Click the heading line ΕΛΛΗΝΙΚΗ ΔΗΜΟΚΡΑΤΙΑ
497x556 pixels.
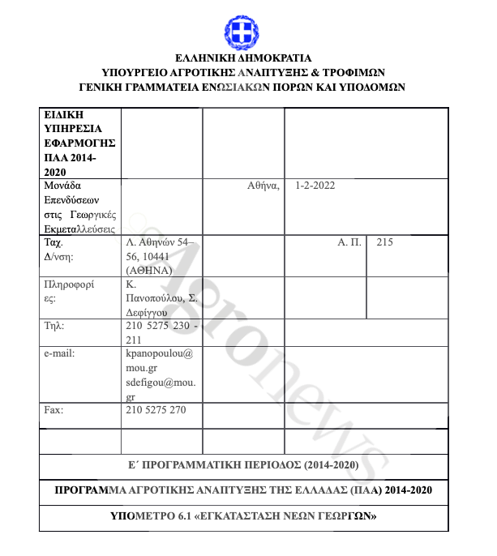click(x=242, y=58)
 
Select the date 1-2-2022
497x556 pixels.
click(x=315, y=186)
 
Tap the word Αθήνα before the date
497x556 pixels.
click(x=263, y=186)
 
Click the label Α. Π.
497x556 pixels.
click(x=349, y=242)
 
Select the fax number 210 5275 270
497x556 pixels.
click(x=156, y=410)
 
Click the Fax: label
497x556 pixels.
click(x=54, y=410)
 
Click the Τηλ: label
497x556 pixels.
click(x=54, y=326)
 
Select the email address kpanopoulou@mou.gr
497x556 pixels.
click(x=159, y=361)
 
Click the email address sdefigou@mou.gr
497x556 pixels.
click(x=159, y=389)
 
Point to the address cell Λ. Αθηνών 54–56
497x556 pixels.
click(x=161, y=256)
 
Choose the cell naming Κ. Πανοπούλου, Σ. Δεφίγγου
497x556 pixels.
click(x=161, y=297)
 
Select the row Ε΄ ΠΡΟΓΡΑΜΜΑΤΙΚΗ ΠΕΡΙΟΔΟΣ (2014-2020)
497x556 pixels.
click(x=242, y=465)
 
